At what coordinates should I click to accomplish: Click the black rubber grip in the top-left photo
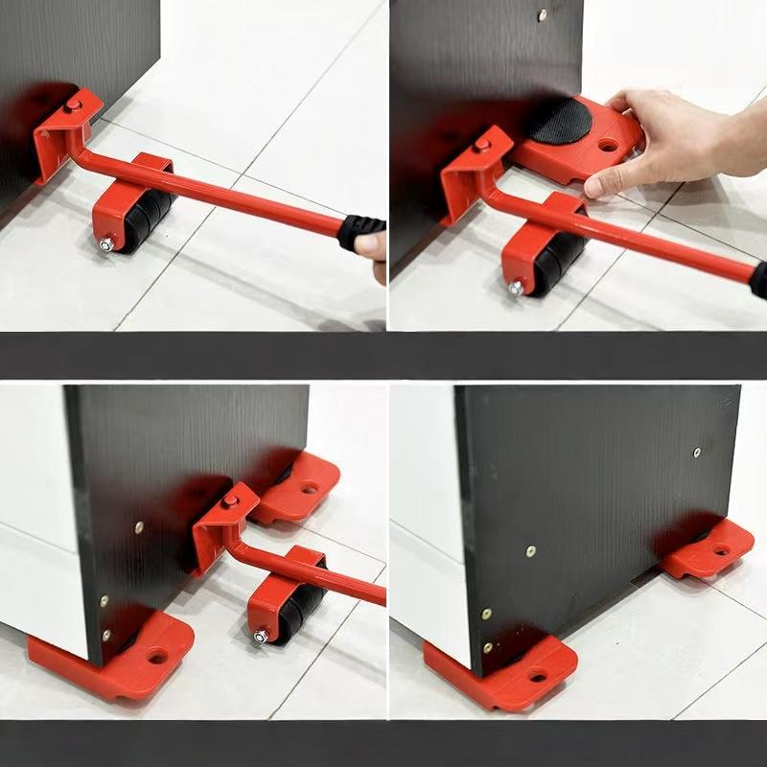pos(361,231)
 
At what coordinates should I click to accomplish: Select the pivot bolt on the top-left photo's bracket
pos(73,104)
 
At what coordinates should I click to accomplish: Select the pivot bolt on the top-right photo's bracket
pos(482,145)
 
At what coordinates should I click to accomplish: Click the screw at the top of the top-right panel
pos(543,14)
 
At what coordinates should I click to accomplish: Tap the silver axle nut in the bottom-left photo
pos(261,635)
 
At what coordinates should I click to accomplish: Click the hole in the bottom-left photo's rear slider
pos(309,487)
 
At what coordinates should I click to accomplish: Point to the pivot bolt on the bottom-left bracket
pos(229,500)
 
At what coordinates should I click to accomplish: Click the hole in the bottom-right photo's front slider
pos(537,677)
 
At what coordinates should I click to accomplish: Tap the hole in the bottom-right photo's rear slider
pos(719,550)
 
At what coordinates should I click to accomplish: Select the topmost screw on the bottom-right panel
pos(697,452)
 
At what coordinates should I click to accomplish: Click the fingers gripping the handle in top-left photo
pos(372,246)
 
